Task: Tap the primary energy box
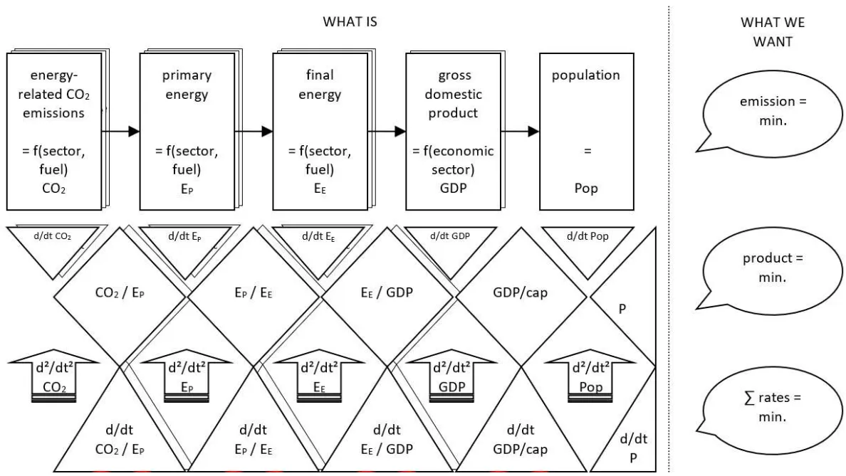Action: click(187, 128)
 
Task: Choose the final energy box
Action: click(320, 128)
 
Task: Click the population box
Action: click(585, 128)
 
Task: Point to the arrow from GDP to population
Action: click(518, 131)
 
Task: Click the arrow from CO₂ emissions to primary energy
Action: click(120, 131)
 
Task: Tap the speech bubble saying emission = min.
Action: click(757, 110)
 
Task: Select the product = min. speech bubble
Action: click(757, 267)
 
